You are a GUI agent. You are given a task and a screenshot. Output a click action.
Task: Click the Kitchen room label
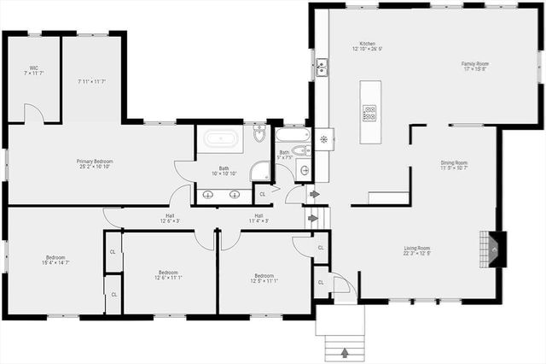pos(368,43)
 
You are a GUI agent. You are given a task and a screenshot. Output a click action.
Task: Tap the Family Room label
pos(474,64)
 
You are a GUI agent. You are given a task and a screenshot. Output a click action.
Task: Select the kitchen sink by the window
pos(322,68)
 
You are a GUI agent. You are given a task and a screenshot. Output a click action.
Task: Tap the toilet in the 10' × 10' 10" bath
pos(260,133)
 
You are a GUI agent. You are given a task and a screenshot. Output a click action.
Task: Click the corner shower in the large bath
pos(260,171)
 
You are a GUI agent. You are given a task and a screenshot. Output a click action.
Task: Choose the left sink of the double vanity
pos(209,195)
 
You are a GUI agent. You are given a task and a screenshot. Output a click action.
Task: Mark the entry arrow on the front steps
pos(345,351)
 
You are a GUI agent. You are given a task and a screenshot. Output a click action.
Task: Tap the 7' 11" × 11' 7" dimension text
pos(91,81)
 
